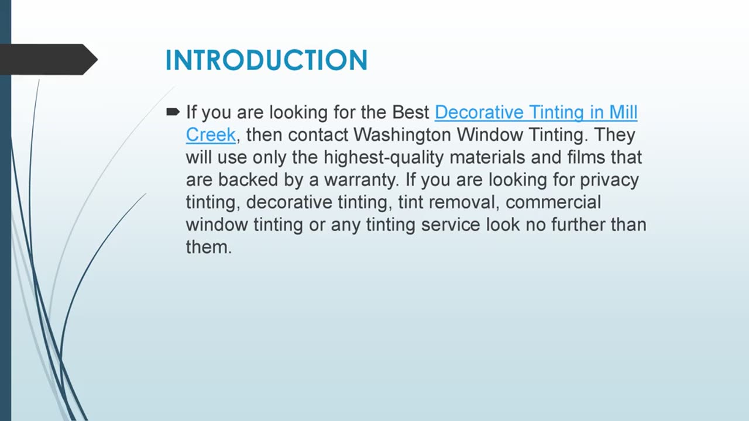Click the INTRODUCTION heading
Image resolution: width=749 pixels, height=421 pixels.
pos(266,60)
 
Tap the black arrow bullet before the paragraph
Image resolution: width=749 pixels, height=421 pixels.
pos(173,111)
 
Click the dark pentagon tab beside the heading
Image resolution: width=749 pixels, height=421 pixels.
pos(47,60)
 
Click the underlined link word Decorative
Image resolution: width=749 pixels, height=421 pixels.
pos(479,112)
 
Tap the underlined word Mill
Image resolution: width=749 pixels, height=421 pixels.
pos(623,112)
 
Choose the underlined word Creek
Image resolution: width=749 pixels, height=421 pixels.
pos(211,135)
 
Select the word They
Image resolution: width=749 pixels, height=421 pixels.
pos(614,135)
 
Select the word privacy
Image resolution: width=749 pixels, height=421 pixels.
pos(609,180)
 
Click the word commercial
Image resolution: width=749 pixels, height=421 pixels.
pos(553,202)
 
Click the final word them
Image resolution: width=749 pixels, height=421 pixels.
pos(208,247)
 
